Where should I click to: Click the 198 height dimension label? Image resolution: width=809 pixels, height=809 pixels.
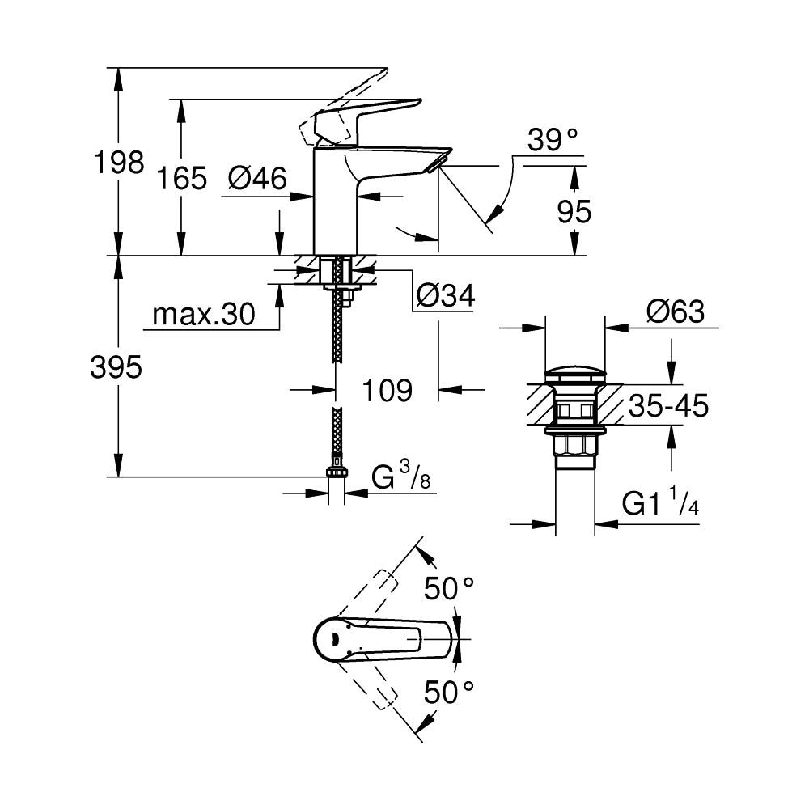[118, 163]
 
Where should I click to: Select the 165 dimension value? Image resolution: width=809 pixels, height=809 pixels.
[182, 178]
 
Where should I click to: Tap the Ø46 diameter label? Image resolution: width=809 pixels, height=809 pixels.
[257, 178]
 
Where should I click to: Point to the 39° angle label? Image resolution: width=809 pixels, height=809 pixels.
[553, 140]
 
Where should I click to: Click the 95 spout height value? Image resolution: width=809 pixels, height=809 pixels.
[574, 211]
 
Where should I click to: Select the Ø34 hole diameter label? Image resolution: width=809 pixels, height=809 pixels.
[443, 297]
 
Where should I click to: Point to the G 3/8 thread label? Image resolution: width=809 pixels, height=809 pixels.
[401, 478]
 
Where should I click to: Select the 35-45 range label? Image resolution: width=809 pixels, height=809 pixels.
[668, 405]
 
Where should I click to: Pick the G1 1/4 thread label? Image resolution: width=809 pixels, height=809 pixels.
[660, 505]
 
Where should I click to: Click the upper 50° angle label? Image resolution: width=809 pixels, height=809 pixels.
[450, 589]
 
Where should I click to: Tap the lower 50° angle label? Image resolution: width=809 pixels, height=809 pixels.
[450, 692]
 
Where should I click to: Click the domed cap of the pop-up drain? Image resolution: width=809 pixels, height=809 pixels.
[575, 375]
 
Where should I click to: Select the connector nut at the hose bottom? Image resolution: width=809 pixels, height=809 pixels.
[336, 472]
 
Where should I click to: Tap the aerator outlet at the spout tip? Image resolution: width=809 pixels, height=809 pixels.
[434, 167]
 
